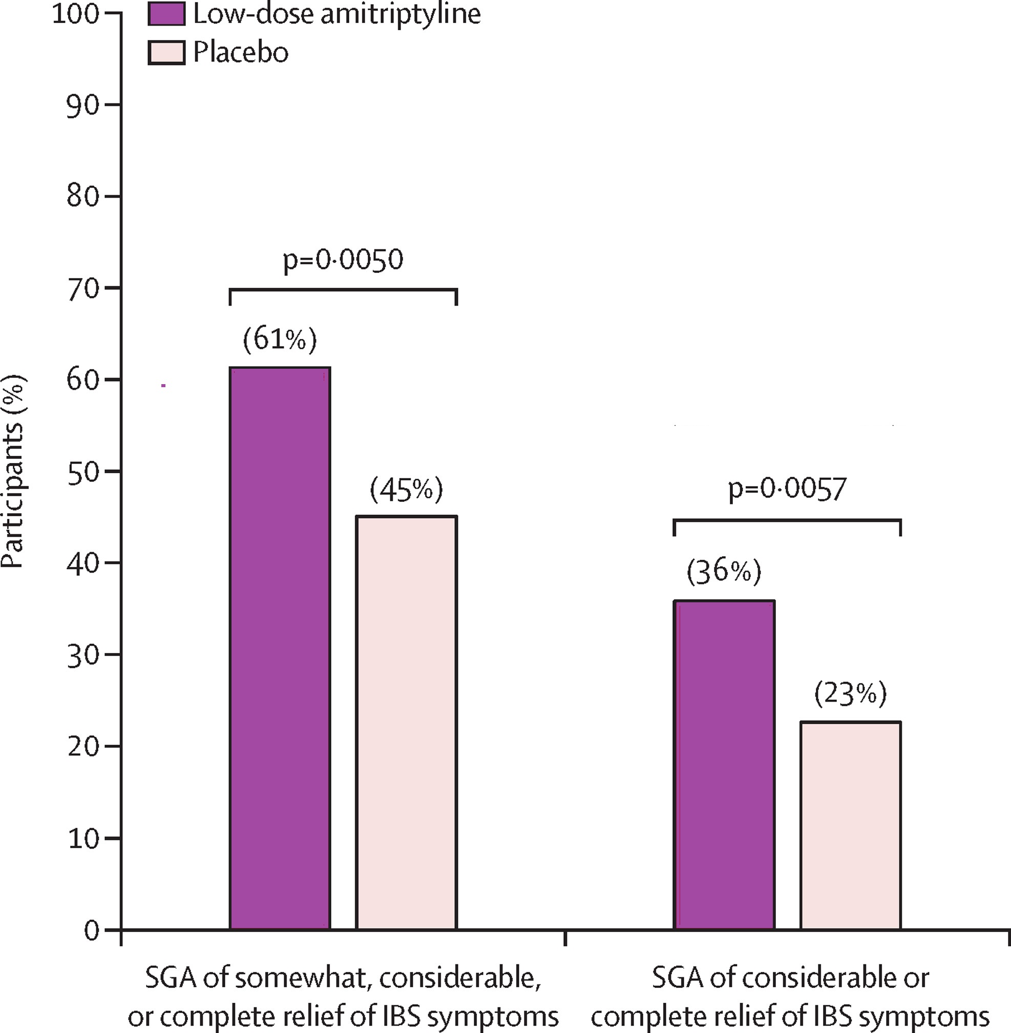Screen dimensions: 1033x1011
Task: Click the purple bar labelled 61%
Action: (280, 648)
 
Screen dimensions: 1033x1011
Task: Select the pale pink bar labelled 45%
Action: (406, 722)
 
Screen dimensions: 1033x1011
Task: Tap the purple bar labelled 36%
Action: (724, 765)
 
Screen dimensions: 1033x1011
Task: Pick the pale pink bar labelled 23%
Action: (850, 826)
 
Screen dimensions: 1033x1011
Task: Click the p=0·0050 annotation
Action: (343, 260)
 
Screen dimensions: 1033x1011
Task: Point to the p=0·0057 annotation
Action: (787, 489)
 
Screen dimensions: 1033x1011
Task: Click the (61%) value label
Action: (280, 339)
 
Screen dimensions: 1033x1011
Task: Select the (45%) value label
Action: (406, 490)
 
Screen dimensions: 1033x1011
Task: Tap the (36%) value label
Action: (724, 572)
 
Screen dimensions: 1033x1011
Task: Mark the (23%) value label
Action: (850, 694)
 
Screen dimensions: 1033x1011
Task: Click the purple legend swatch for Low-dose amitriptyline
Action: (166, 14)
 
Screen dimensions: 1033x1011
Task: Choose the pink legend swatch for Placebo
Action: (166, 53)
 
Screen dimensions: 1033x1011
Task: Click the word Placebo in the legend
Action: (241, 53)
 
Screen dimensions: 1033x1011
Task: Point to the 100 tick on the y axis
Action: (75, 14)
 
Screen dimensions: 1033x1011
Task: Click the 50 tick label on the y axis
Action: (83, 471)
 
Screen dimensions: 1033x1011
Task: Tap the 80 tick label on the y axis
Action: (83, 197)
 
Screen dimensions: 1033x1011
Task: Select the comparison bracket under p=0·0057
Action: (787, 520)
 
